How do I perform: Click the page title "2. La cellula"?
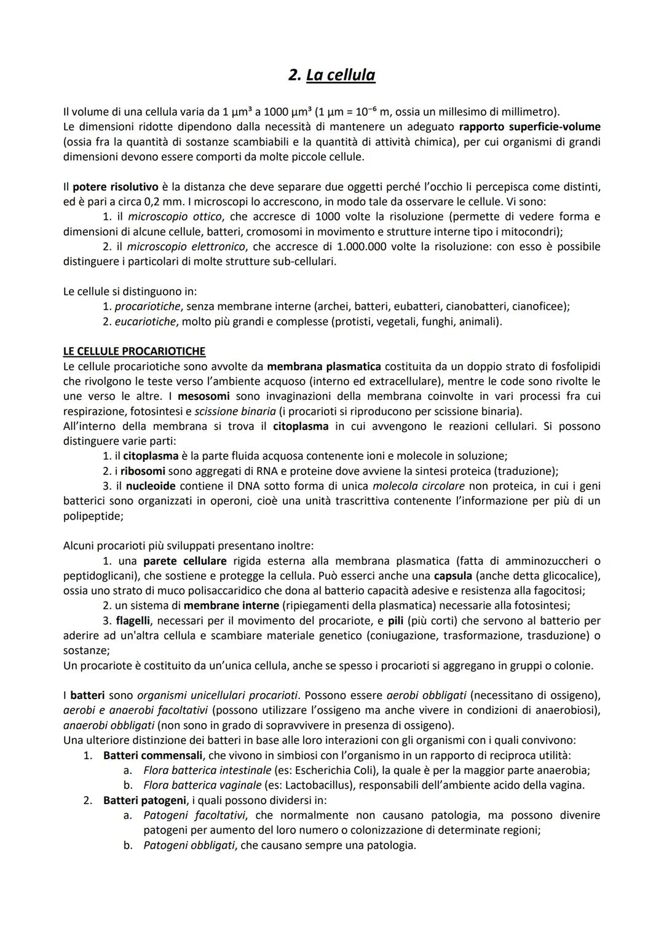[x=331, y=75]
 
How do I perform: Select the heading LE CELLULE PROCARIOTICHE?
[x=134, y=351]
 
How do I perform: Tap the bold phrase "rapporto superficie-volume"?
[x=529, y=127]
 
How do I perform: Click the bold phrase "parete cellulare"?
[x=184, y=561]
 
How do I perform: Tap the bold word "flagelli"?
[x=133, y=620]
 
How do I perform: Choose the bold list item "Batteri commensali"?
[x=152, y=755]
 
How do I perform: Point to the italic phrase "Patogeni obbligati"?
[x=189, y=845]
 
